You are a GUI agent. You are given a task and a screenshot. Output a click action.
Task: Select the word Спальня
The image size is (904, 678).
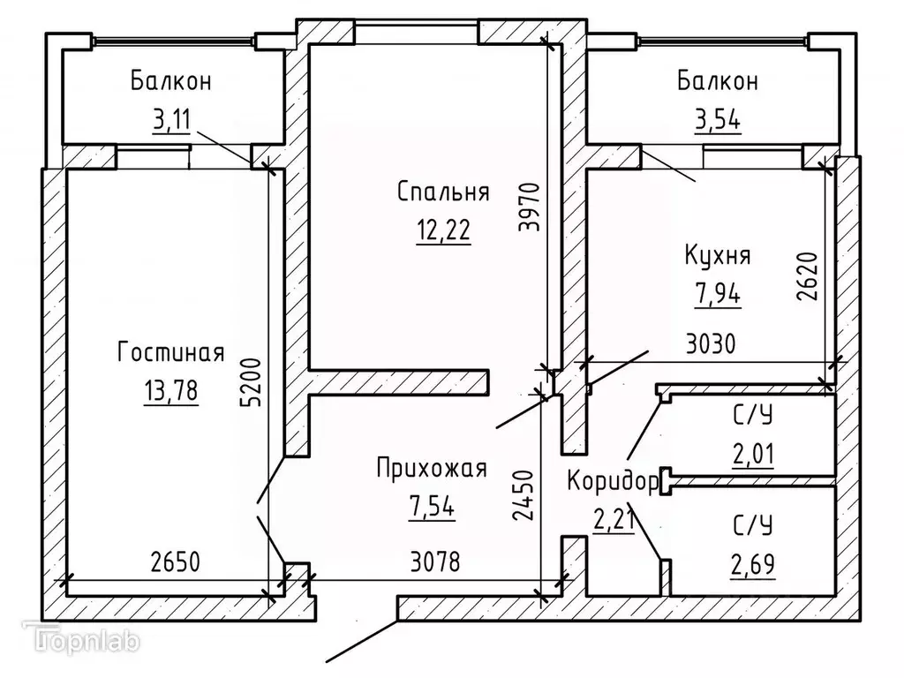point(443,192)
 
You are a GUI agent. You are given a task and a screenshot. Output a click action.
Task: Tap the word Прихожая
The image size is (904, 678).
point(431,468)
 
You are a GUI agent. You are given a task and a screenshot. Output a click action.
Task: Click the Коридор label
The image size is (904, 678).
point(612,482)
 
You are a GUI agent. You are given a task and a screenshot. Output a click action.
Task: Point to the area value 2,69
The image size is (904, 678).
point(752,562)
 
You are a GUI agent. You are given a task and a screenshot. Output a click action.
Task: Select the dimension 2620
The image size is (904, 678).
point(810,278)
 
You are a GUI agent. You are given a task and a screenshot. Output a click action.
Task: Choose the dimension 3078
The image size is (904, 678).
point(434,561)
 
